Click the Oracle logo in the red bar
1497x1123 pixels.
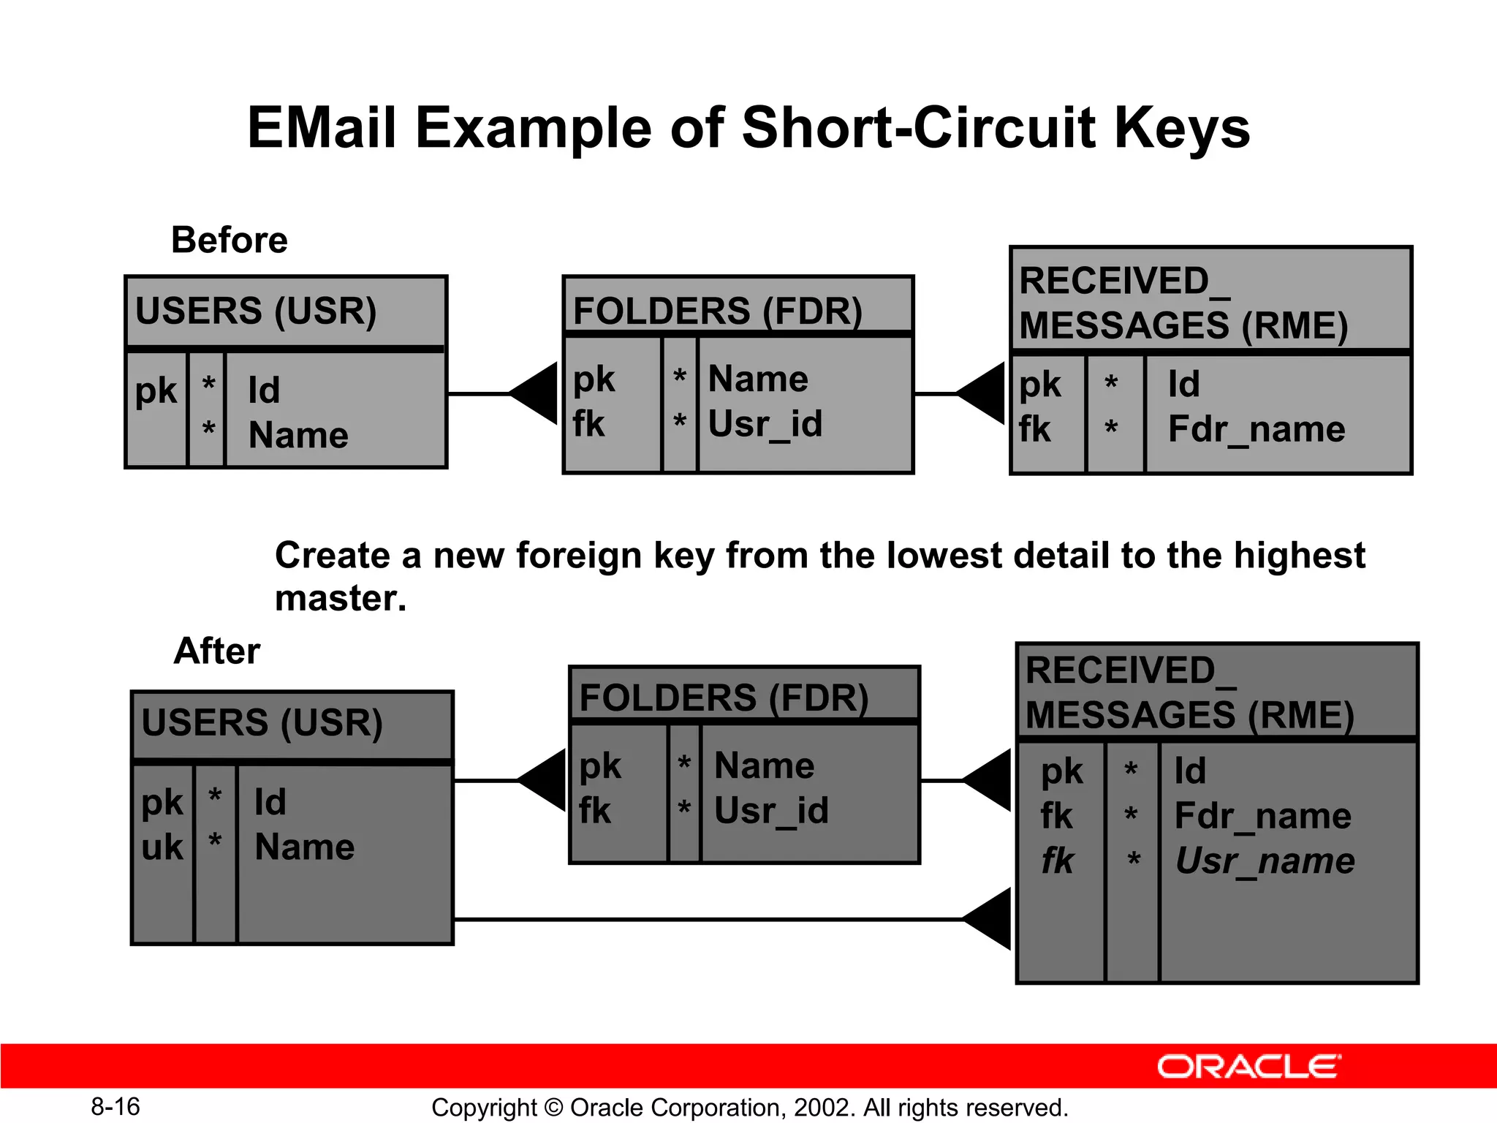pyautogui.click(x=1248, y=1067)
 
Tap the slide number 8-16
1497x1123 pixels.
pyautogui.click(x=115, y=1107)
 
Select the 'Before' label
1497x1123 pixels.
pyautogui.click(x=230, y=240)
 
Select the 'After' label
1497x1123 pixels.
pyautogui.click(x=217, y=651)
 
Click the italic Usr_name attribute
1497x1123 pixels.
pyautogui.click(x=1265, y=861)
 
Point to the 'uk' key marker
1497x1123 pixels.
pyautogui.click(x=162, y=847)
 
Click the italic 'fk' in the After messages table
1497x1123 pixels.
pyautogui.click(x=1058, y=861)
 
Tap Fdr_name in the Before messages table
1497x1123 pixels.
pyautogui.click(x=1257, y=429)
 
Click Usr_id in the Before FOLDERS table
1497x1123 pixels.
pyautogui.click(x=765, y=424)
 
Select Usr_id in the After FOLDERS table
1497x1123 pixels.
pyautogui.click(x=771, y=811)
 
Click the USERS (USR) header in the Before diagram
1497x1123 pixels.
pyautogui.click(x=256, y=311)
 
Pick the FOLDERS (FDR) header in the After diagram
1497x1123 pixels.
pyautogui.click(x=724, y=698)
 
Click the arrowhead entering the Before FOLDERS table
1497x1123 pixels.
pyautogui.click(x=536, y=393)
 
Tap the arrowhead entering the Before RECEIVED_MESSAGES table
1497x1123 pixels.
pyautogui.click(x=983, y=393)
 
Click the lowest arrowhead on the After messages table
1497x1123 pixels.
pyautogui.click(x=990, y=919)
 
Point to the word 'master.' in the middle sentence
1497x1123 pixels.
pyautogui.click(x=341, y=598)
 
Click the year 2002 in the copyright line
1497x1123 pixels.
pyautogui.click(x=823, y=1108)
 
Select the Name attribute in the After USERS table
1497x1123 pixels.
pyautogui.click(x=305, y=847)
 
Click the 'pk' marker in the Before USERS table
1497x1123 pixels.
pyautogui.click(x=156, y=391)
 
